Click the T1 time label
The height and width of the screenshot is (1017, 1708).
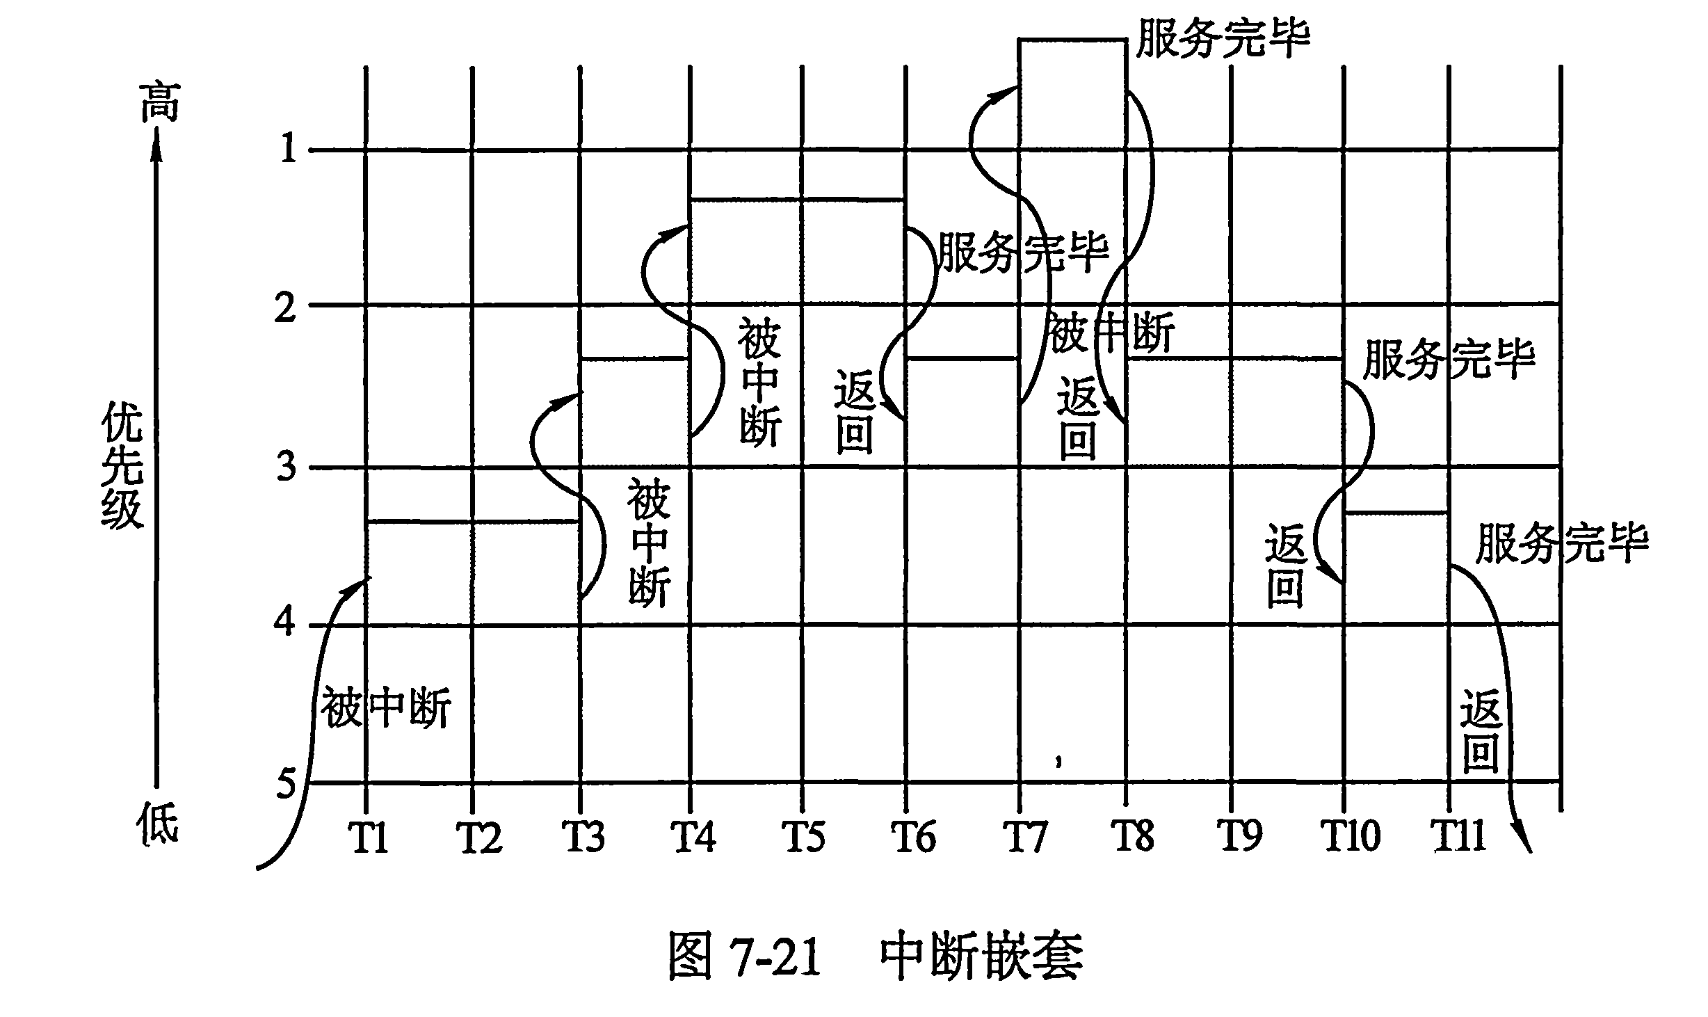click(369, 837)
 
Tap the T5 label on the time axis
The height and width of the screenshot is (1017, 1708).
click(805, 836)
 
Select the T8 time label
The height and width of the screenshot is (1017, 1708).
click(1133, 836)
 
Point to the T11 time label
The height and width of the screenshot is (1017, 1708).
click(1457, 836)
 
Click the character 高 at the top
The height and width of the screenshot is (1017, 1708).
click(160, 102)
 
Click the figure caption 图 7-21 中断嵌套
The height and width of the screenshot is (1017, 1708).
click(876, 956)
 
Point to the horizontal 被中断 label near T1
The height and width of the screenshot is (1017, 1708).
click(386, 707)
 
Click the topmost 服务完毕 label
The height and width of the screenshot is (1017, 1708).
click(1223, 37)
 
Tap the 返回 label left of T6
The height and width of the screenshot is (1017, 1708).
click(855, 413)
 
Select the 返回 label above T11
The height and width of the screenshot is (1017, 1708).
click(1479, 731)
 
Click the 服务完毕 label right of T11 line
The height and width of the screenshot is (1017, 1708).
click(1562, 543)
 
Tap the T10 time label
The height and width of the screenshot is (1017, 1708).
click(1351, 836)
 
